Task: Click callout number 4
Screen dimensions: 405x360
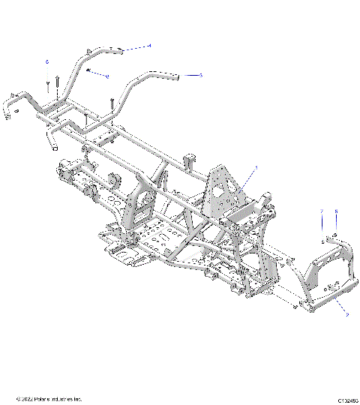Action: click(149, 46)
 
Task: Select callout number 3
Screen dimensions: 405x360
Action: click(201, 75)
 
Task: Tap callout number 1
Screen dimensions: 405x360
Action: click(256, 167)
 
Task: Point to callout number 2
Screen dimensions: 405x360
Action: click(346, 316)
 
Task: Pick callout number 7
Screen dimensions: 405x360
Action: click(322, 211)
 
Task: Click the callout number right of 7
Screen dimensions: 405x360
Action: click(336, 211)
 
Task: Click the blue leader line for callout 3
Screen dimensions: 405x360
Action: click(190, 75)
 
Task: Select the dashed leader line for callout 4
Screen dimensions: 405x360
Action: click(135, 49)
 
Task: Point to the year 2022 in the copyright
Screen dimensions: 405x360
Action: click(28, 398)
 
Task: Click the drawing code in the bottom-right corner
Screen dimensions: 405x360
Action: click(346, 398)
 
